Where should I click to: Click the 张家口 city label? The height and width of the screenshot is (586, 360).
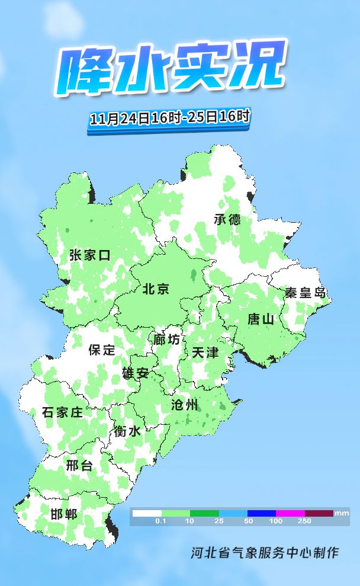pyautogui.click(x=90, y=255)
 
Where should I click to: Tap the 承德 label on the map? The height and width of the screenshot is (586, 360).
pyautogui.click(x=227, y=219)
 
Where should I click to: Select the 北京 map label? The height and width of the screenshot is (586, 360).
pyautogui.click(x=156, y=289)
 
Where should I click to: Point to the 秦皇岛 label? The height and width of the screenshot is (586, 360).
pyautogui.click(x=304, y=292)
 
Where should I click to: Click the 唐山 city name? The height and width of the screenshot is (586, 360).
pyautogui.click(x=261, y=319)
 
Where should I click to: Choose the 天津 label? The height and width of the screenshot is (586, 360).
pyautogui.click(x=205, y=353)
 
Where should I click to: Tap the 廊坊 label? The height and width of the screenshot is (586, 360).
pyautogui.click(x=166, y=340)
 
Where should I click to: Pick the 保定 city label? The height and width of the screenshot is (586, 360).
pyautogui.click(x=102, y=350)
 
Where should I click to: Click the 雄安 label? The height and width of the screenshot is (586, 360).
pyautogui.click(x=135, y=373)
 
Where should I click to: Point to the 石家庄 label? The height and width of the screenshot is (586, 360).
pyautogui.click(x=62, y=412)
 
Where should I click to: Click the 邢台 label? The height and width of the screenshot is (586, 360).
pyautogui.click(x=79, y=465)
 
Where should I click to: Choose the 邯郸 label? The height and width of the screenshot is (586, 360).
pyautogui.click(x=63, y=514)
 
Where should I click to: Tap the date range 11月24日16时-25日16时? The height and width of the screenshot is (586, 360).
pyautogui.click(x=169, y=117)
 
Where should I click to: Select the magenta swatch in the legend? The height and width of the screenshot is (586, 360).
pyautogui.click(x=290, y=513)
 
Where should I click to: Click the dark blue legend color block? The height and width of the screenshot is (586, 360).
pyautogui.click(x=261, y=513)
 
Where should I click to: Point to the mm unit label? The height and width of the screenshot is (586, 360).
pyautogui.click(x=342, y=513)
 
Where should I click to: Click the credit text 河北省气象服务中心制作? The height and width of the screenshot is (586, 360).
pyautogui.click(x=265, y=553)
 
